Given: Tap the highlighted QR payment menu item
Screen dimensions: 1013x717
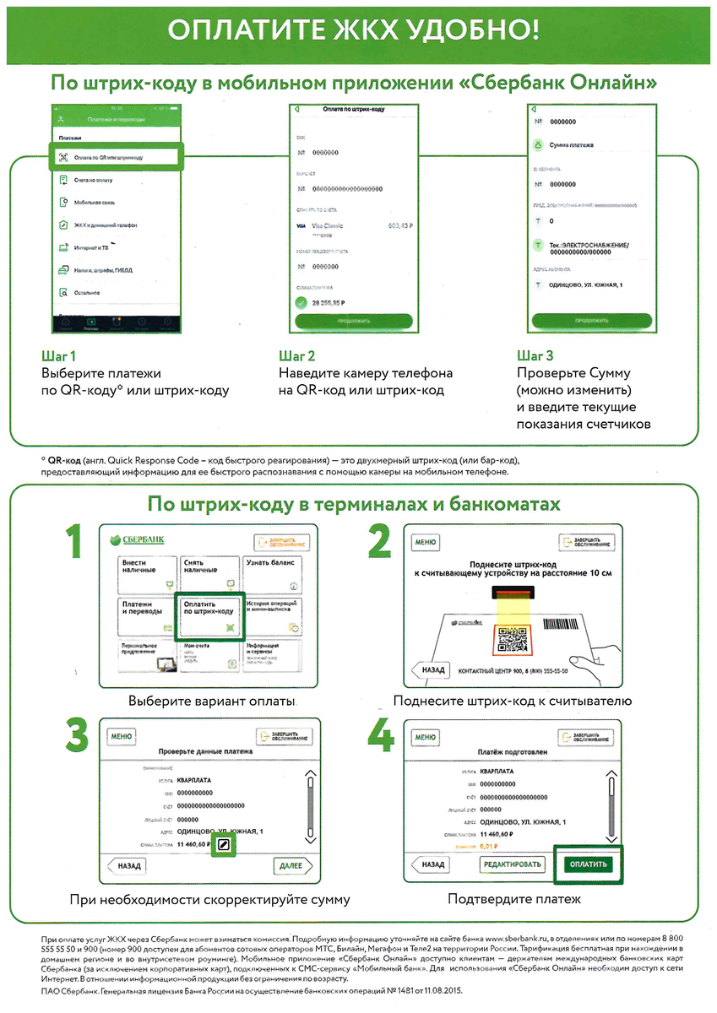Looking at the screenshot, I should tap(114, 157).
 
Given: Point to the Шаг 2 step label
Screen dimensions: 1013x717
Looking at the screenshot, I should tap(296, 355).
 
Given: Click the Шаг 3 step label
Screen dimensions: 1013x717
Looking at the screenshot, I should tap(535, 355).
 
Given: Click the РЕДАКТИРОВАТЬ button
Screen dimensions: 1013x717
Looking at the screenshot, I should tap(512, 864).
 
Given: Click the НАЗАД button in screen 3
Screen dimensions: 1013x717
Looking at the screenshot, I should tap(129, 865).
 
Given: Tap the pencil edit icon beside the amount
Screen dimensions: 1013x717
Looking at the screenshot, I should tap(224, 844).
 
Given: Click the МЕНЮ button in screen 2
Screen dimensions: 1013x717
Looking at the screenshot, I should tap(425, 543).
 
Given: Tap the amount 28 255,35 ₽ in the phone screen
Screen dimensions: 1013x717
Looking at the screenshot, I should tap(329, 301).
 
